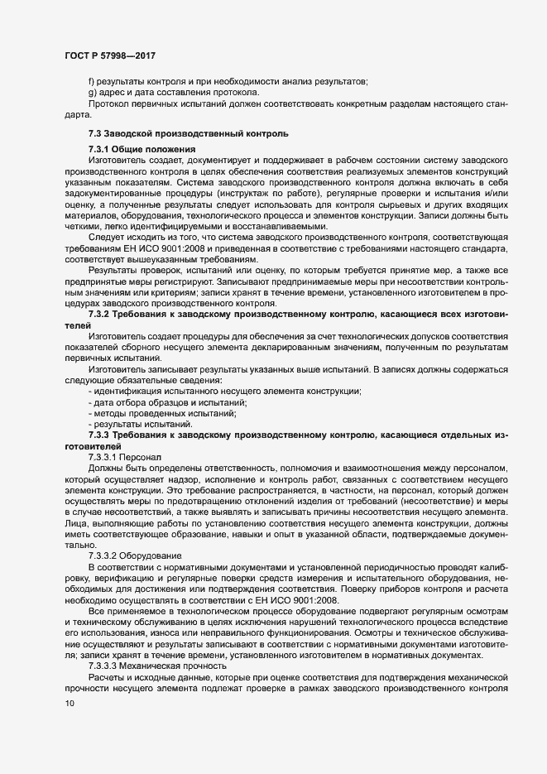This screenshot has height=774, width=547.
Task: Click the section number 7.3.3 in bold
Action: (104, 434)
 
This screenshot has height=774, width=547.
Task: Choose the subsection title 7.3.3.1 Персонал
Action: (126, 456)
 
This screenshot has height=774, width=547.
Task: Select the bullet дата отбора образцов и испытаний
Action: (170, 401)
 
